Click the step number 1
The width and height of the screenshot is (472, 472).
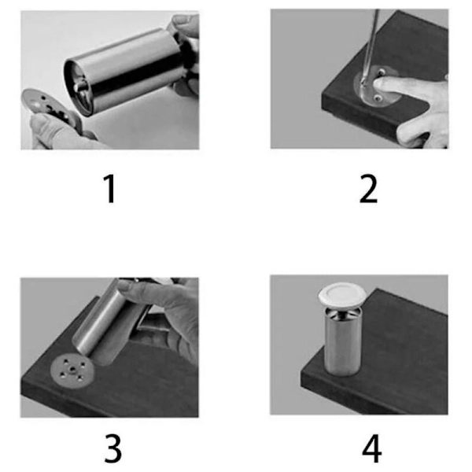(x=110, y=189)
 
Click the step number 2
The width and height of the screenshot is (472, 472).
(x=368, y=189)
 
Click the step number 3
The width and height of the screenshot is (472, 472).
(x=112, y=448)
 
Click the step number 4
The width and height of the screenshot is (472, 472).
(x=372, y=448)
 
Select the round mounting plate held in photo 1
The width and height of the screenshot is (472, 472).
(x=50, y=109)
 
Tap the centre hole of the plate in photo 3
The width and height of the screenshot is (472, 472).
(x=72, y=368)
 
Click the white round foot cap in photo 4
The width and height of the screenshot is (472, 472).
(x=342, y=295)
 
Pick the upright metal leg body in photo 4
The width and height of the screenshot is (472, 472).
(x=342, y=341)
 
